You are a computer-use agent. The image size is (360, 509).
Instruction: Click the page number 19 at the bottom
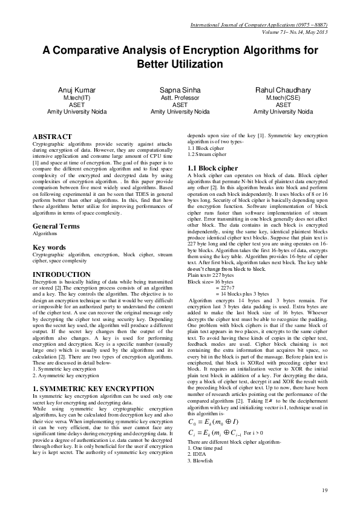coord(324,490)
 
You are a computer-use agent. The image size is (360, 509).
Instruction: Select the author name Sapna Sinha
coord(180,89)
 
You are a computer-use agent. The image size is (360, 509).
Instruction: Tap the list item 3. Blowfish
coord(201,461)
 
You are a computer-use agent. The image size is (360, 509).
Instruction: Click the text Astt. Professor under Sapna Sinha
coord(180,97)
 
